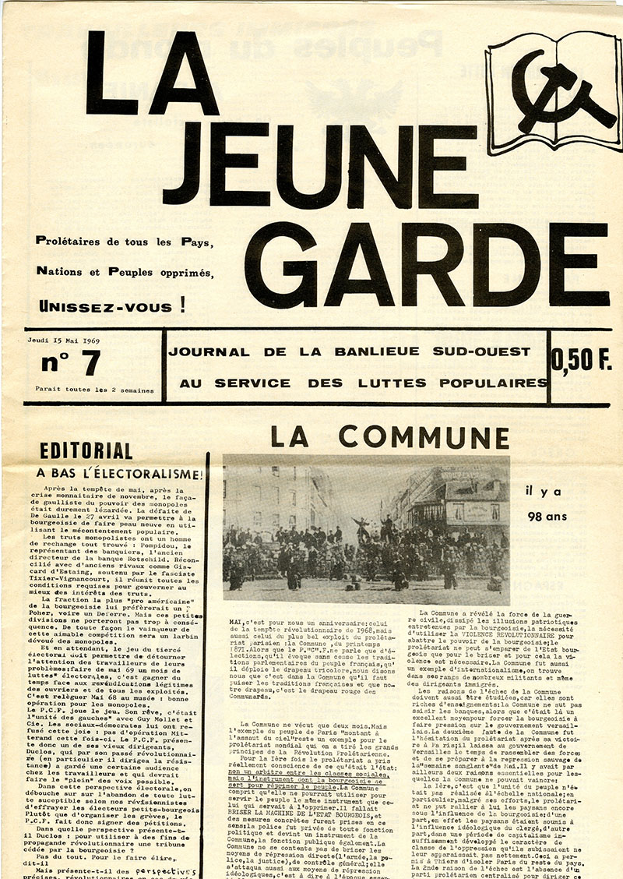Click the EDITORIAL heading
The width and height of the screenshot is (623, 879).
(86, 450)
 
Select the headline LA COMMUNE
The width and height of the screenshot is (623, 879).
(389, 438)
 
